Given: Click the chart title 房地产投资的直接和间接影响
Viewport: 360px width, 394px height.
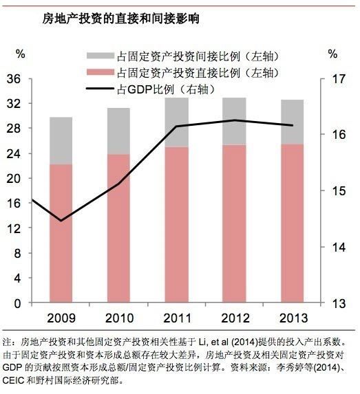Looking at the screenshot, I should (112, 19).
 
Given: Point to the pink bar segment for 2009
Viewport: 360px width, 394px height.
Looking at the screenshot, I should (61, 234).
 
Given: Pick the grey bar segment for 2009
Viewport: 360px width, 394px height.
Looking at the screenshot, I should (61, 141).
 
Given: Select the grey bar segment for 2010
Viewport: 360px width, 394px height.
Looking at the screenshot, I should (118, 131).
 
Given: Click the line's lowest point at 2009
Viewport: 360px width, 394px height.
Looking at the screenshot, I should (61, 221).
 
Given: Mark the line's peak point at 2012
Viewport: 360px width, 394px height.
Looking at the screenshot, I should (234, 120).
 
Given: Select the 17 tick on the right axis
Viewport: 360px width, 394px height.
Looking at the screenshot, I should (337, 79).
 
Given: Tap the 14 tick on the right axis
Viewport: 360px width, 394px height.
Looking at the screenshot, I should (337, 247).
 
